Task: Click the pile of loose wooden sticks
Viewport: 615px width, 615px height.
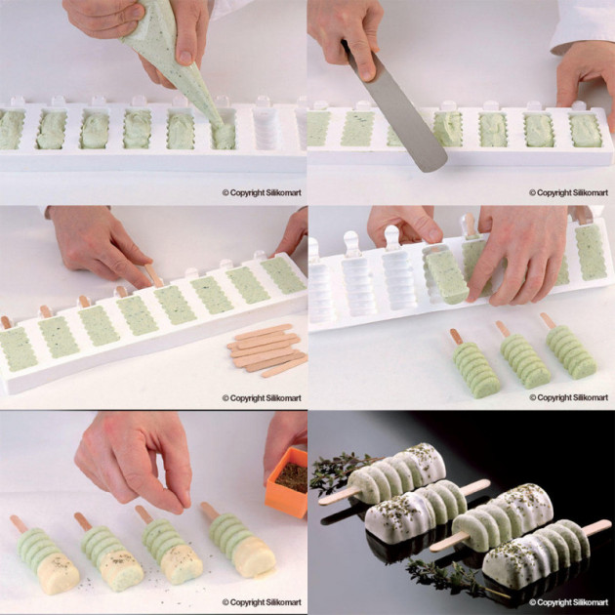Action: pyautogui.click(x=266, y=349)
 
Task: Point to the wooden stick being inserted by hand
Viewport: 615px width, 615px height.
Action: pyautogui.click(x=151, y=276)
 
